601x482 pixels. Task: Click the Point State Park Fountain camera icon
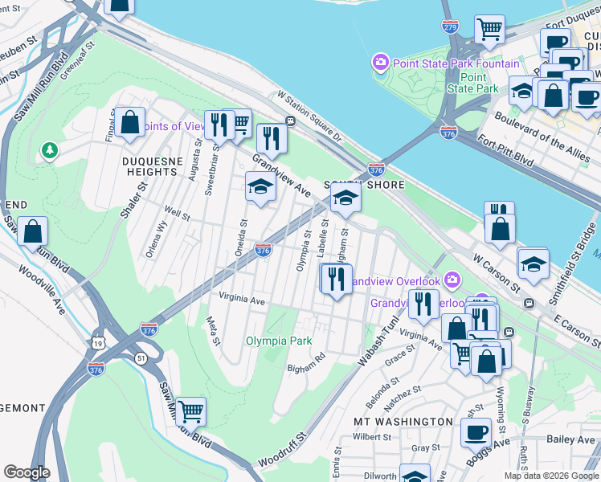pyautogui.click(x=380, y=63)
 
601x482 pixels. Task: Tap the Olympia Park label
pyautogui.click(x=279, y=341)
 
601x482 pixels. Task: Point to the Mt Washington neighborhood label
pyautogui.click(x=403, y=421)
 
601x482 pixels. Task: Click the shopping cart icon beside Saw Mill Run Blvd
pyautogui.click(x=191, y=412)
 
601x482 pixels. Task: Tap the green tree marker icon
pyautogui.click(x=50, y=150)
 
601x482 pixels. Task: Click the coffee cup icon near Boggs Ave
pyautogui.click(x=476, y=431)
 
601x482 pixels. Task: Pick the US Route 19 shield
pyautogui.click(x=98, y=342)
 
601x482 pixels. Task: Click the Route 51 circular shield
pyautogui.click(x=141, y=357)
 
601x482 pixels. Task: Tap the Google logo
pyautogui.click(x=27, y=472)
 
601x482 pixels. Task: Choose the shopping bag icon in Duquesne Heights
pyautogui.click(x=129, y=123)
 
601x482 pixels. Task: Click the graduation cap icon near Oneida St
pyautogui.click(x=260, y=187)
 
